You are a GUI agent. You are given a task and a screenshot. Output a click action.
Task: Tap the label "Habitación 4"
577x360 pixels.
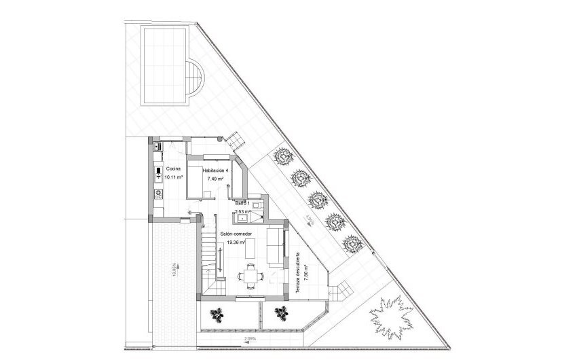[x=215, y=170]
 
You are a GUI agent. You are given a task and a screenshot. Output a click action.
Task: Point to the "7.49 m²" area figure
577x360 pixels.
[x=216, y=179]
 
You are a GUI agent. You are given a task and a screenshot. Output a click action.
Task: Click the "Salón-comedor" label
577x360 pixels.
[x=236, y=234]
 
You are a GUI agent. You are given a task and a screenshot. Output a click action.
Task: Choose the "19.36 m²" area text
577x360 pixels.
[x=236, y=242]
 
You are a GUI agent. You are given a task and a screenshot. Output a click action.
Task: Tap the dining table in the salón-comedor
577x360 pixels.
[x=249, y=275]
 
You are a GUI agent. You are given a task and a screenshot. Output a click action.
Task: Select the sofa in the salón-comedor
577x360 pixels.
[x=276, y=246]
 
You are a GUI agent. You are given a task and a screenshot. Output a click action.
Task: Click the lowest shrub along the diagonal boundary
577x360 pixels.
[x=350, y=242]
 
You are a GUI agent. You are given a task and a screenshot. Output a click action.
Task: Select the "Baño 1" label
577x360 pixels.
[x=243, y=203]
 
